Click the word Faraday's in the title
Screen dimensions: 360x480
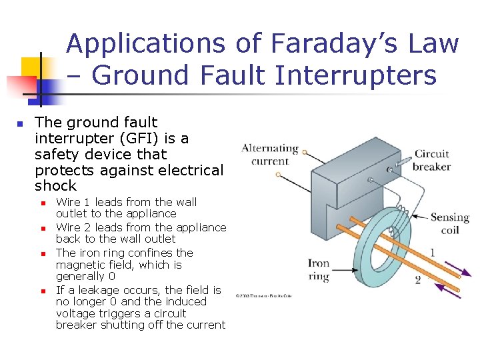point(315,44)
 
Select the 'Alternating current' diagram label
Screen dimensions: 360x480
point(269,154)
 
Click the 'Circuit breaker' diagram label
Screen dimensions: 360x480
point(431,160)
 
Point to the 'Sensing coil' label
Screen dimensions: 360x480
point(449,223)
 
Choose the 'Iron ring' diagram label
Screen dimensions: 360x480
point(319,269)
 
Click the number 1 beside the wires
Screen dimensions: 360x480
point(433,253)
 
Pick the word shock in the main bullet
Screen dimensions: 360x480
point(55,185)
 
